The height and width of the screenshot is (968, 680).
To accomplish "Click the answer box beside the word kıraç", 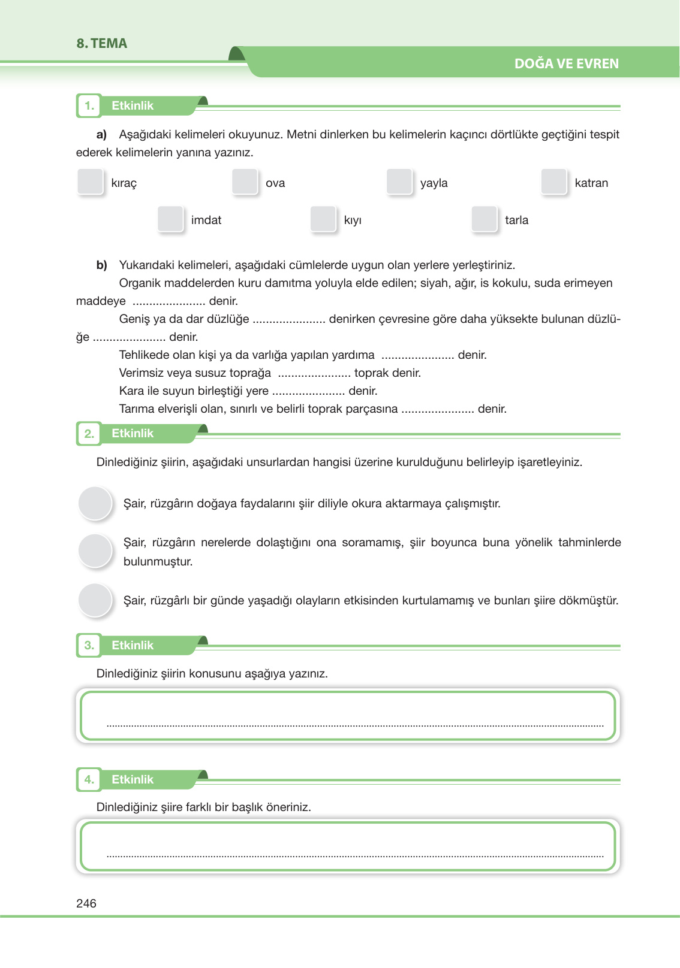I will pyautogui.click(x=91, y=181).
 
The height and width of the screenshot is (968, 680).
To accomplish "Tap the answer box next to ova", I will pyautogui.click(x=245, y=181).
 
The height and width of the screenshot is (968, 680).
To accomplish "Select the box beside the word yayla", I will pyautogui.click(x=399, y=181).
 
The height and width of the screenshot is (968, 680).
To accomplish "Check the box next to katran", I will pyautogui.click(x=553, y=181).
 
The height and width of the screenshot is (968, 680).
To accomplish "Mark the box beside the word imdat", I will pyautogui.click(x=170, y=219).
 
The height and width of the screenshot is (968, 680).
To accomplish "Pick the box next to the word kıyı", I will pyautogui.click(x=323, y=219).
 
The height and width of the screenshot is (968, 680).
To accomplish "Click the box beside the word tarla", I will pyautogui.click(x=484, y=219).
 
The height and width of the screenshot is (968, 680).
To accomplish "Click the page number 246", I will pyautogui.click(x=86, y=903).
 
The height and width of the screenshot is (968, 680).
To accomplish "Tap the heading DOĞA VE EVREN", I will pyautogui.click(x=566, y=63).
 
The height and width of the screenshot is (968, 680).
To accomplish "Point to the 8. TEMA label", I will pyautogui.click(x=102, y=43).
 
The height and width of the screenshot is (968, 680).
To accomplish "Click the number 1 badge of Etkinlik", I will pyautogui.click(x=89, y=106).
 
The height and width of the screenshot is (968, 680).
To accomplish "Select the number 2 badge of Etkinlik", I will pyautogui.click(x=89, y=434).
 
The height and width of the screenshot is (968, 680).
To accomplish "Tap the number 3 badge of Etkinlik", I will pyautogui.click(x=89, y=646).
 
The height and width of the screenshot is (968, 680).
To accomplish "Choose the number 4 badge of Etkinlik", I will pyautogui.click(x=89, y=780).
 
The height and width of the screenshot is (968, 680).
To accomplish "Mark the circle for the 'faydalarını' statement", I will pyautogui.click(x=95, y=503).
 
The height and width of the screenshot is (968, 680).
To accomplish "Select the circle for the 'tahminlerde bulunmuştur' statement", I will pyautogui.click(x=95, y=550).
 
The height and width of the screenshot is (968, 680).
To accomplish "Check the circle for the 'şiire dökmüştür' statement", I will pyautogui.click(x=95, y=600).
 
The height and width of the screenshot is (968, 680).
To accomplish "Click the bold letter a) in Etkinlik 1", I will pyautogui.click(x=101, y=134).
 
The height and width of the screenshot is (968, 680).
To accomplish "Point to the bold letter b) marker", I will pyautogui.click(x=101, y=265).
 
